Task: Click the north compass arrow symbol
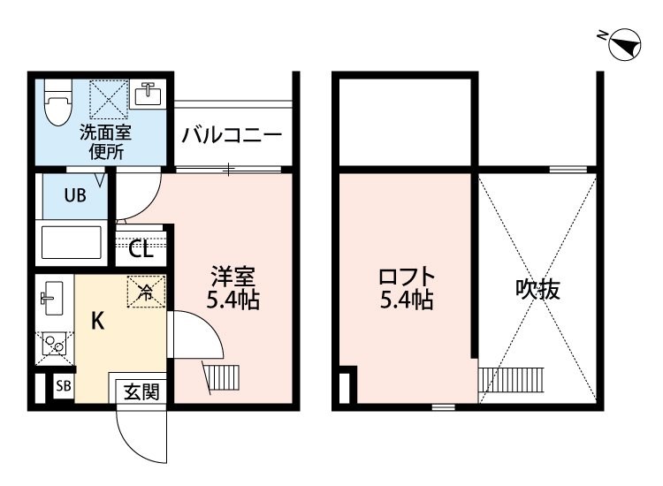624,45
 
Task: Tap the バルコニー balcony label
232,136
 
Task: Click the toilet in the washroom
58,104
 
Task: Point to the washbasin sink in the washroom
147,93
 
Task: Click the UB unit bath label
73,196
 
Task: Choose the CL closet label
141,248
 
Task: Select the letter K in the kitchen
97,321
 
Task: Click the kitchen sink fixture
51,298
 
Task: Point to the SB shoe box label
63,386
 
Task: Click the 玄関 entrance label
141,390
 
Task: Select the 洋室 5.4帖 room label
232,288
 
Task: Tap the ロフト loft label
407,288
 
